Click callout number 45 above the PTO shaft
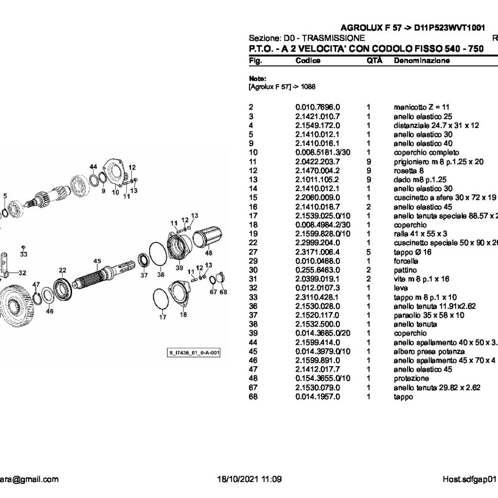(x=97, y=261)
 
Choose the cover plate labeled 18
(x=179, y=294)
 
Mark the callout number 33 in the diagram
(x=23, y=254)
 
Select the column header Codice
(x=308, y=61)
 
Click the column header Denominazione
(x=421, y=61)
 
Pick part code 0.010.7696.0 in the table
(x=318, y=107)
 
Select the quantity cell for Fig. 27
(x=369, y=252)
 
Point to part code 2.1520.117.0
(x=318, y=316)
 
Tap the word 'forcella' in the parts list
(x=406, y=261)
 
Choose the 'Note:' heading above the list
(x=257, y=78)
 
